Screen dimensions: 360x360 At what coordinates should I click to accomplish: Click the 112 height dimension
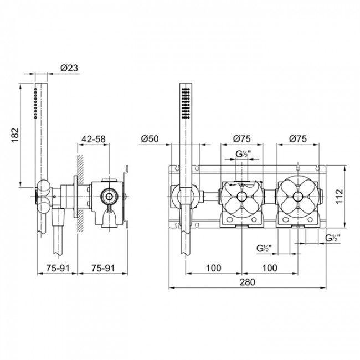click(x=340, y=197)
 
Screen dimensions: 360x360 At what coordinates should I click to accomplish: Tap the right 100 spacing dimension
click(x=270, y=268)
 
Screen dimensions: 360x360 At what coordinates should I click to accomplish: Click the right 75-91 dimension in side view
click(x=102, y=268)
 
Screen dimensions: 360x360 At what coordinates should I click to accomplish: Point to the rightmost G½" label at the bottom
click(x=333, y=238)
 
